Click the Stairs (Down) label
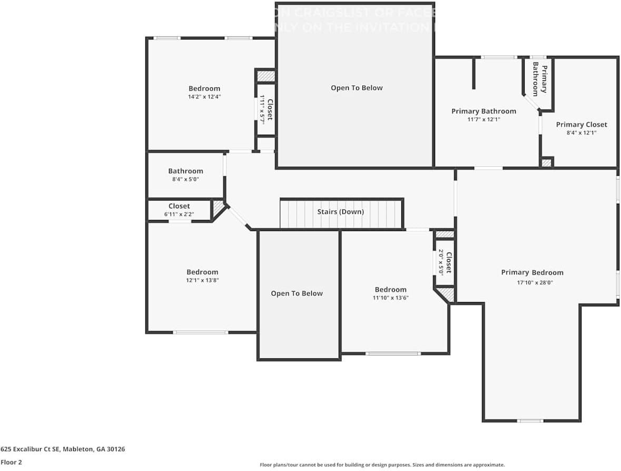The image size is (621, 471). click(340, 212)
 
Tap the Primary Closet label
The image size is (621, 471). click(581, 125)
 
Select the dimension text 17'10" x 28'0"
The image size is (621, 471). click(532, 282)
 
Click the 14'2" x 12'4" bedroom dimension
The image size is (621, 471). click(204, 97)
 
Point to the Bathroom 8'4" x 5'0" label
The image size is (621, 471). click(185, 171)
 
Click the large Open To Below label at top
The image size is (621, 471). click(357, 88)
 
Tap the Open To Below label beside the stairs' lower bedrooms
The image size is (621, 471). click(297, 294)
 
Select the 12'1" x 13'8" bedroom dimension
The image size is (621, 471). click(202, 280)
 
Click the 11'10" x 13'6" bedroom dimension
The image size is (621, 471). click(390, 298)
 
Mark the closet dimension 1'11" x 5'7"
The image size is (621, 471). click(262, 109)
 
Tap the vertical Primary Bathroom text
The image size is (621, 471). click(539, 79)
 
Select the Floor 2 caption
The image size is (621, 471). click(12, 463)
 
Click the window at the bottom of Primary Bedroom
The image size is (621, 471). click(530, 420)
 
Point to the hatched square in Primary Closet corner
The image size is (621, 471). click(547, 163)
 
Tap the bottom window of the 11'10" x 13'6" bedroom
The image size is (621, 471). click(393, 354)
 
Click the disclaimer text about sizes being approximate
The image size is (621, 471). click(382, 465)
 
